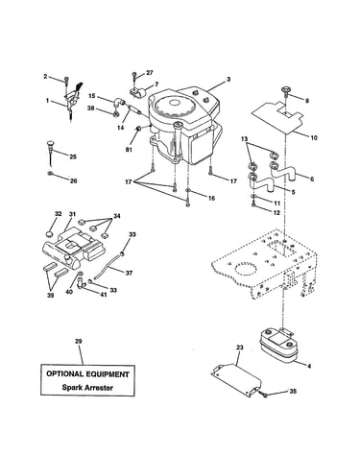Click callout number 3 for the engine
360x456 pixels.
(x=228, y=80)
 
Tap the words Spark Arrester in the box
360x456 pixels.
(x=87, y=388)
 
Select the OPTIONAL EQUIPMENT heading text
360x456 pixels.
(x=87, y=373)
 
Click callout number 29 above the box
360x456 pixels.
(x=79, y=342)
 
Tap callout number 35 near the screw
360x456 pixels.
(x=293, y=391)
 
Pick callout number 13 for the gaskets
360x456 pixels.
(x=245, y=139)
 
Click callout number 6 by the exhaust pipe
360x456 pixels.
(x=312, y=179)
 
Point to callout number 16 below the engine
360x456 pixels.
(x=212, y=199)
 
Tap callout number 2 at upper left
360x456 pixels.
(x=45, y=77)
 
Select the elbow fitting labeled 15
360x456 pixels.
(x=119, y=103)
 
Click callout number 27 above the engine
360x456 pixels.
(x=150, y=73)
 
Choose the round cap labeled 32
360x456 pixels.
(x=49, y=233)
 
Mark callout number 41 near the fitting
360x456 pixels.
(x=103, y=295)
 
